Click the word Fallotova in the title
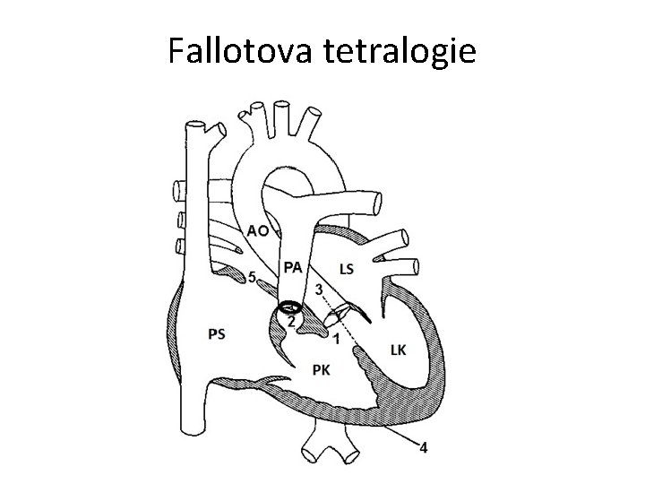pos(236,52)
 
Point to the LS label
pos(348,267)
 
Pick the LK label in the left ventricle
pos(399,349)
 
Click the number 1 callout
pos(335,338)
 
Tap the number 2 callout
pos(291,321)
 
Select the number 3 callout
pos(319,290)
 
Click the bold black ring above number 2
pos(291,306)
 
